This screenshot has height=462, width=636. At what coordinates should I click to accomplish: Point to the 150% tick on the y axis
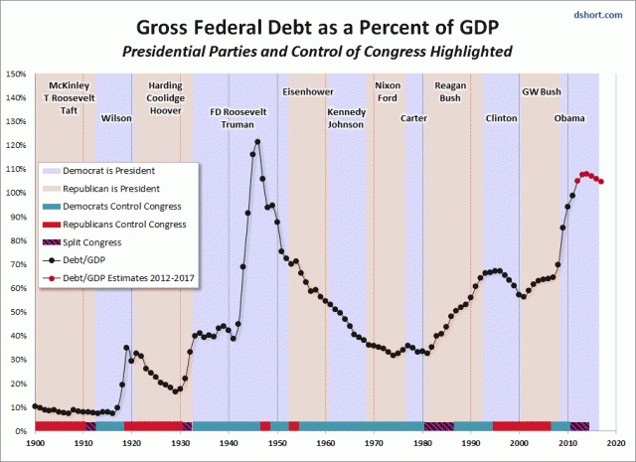15,74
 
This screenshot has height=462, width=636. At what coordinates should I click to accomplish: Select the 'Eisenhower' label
307,91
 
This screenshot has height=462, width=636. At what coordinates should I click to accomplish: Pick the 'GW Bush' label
542,91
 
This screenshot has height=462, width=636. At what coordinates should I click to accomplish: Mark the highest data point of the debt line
257,141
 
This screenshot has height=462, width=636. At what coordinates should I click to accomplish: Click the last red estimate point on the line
601,182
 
